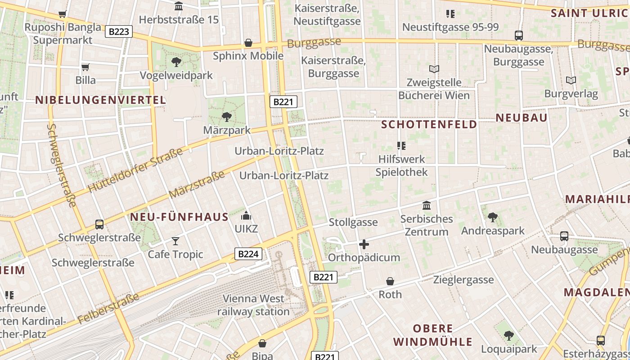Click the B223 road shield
(119, 31)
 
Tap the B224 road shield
(248, 254)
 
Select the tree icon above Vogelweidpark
(176, 62)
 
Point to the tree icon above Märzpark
(227, 117)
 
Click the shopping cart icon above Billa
(85, 67)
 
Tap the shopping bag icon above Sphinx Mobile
(248, 43)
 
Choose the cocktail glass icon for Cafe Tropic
(175, 241)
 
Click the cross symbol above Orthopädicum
(364, 244)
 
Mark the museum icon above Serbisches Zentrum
(427, 206)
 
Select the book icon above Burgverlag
(571, 81)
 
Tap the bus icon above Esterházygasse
(601, 340)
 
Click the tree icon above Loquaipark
(509, 336)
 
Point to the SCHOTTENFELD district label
(429, 125)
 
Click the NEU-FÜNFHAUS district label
(180, 217)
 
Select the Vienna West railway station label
(254, 305)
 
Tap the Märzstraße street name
(197, 184)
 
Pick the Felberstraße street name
(108, 309)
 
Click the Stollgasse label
(353, 222)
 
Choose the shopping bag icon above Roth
(390, 281)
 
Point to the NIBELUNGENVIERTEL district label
(101, 100)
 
